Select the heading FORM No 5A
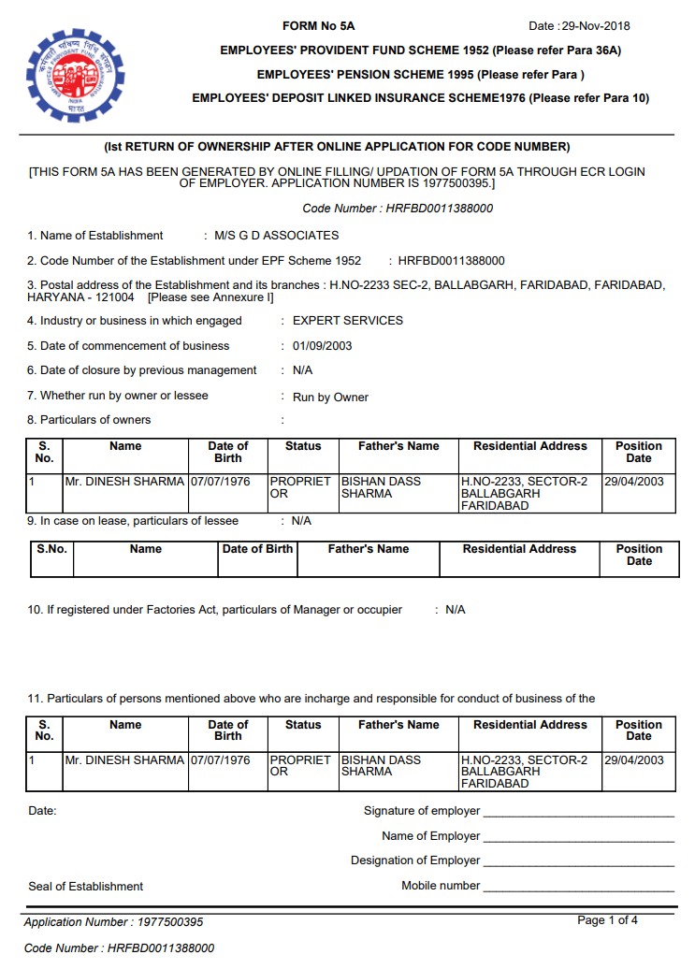click(319, 26)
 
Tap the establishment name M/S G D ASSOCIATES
click(276, 236)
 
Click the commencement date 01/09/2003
click(322, 346)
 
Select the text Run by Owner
click(330, 398)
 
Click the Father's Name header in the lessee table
click(368, 550)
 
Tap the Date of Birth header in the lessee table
click(257, 550)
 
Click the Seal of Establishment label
click(86, 887)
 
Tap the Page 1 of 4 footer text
click(608, 921)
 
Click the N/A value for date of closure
click(303, 371)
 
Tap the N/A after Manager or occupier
click(455, 610)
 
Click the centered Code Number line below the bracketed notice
click(398, 210)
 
